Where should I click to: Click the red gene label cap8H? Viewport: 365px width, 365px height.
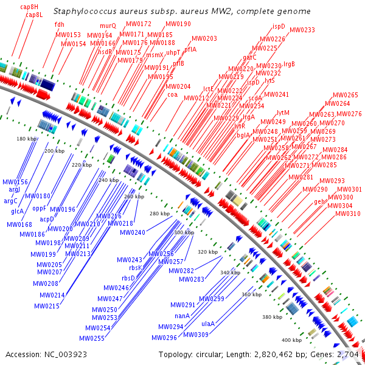pyautogui.click(x=28, y=7)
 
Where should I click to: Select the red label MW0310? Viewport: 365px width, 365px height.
pyautogui.click(x=347, y=214)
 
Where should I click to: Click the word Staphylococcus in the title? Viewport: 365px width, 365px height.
pyautogui.click(x=85, y=12)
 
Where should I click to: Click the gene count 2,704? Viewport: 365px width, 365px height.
pyautogui.click(x=349, y=354)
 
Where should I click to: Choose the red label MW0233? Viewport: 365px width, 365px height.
pyautogui.click(x=302, y=30)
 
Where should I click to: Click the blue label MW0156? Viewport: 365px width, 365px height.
pyautogui.click(x=15, y=182)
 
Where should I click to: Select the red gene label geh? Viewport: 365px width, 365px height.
pyautogui.click(x=319, y=201)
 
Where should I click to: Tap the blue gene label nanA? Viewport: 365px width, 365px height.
pyautogui.click(x=182, y=316)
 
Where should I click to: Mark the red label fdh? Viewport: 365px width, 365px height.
pyautogui.click(x=59, y=24)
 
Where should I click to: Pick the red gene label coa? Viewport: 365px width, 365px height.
pyautogui.click(x=172, y=94)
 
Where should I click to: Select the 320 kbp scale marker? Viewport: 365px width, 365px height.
pyautogui.click(x=207, y=251)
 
